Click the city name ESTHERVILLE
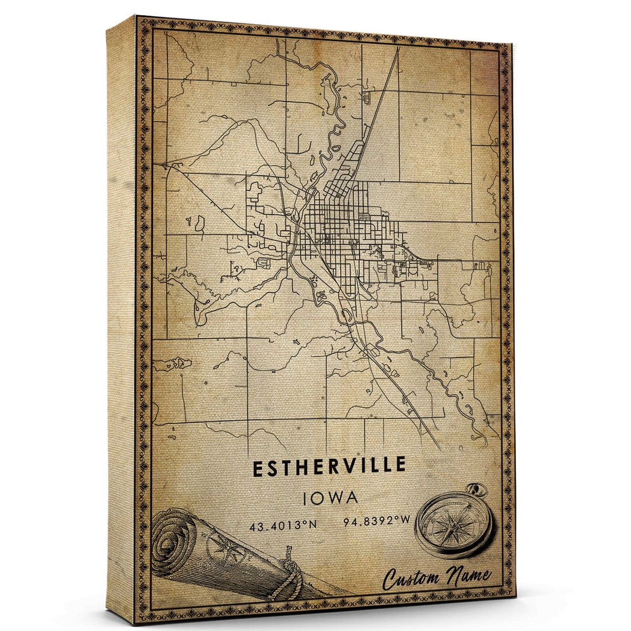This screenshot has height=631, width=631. coord(330,466)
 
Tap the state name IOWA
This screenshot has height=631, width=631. coord(331,497)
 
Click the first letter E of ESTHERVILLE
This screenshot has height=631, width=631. coord(259,466)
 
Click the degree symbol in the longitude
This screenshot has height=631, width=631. coord(396,521)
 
